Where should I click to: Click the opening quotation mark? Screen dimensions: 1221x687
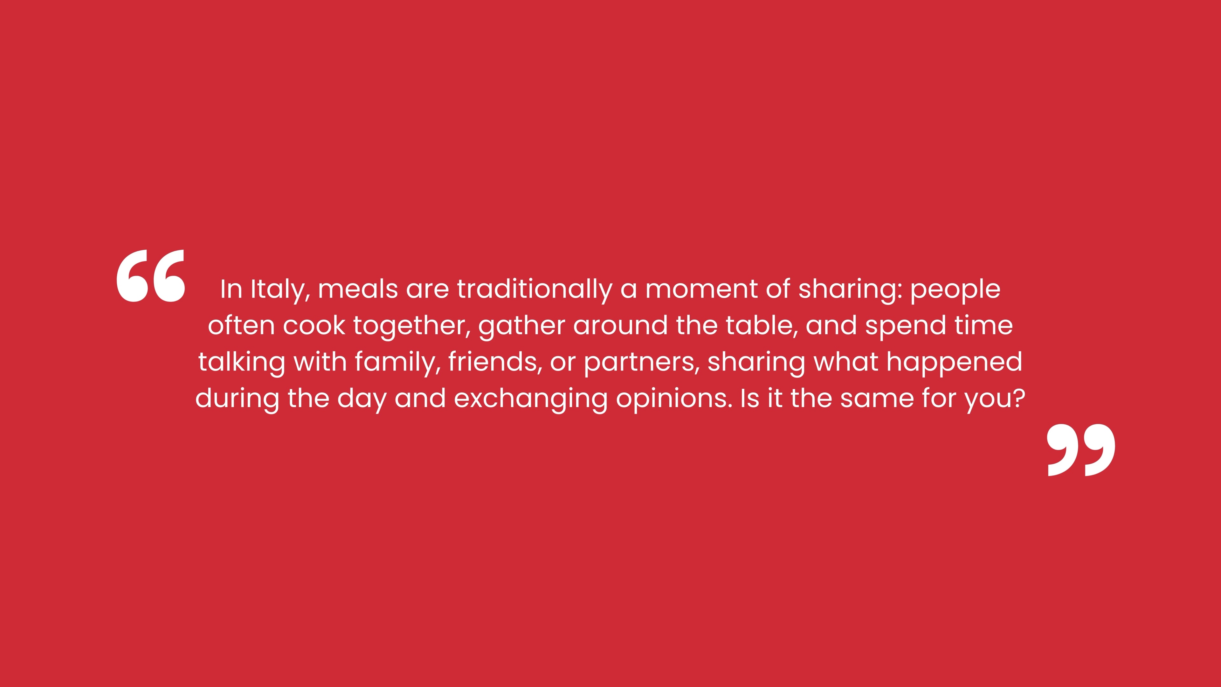point(151,276)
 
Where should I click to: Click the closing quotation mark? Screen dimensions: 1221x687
point(1081,450)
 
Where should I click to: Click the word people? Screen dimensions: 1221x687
point(955,290)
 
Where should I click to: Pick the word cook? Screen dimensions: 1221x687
point(314,325)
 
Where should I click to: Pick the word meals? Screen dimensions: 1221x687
point(358,289)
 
